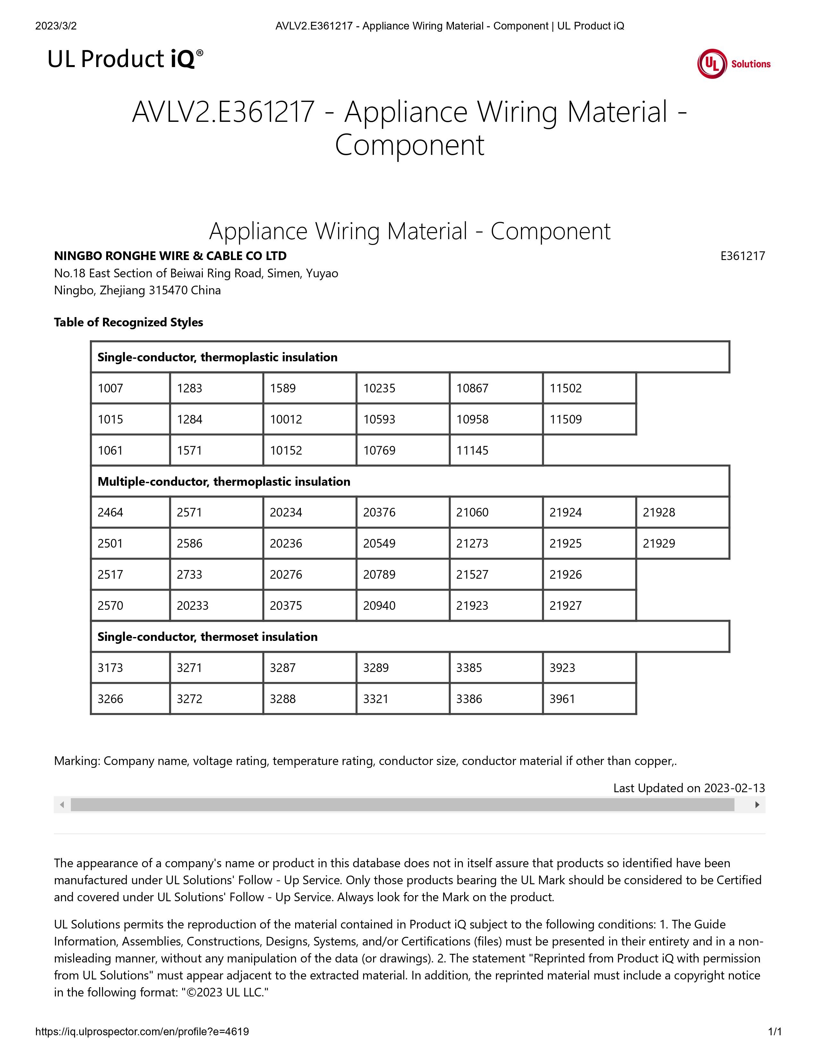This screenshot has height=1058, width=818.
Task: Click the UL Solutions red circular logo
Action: click(712, 63)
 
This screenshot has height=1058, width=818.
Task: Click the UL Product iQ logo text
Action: click(125, 59)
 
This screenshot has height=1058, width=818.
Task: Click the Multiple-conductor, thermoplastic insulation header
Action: click(224, 482)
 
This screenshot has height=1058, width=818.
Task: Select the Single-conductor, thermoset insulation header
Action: click(208, 636)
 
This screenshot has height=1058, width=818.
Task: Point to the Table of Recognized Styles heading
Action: click(128, 322)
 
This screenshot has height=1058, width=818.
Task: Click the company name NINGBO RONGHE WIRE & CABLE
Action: click(170, 256)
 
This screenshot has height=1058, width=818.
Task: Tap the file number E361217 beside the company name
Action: click(742, 256)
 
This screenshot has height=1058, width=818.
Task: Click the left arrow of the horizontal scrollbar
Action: click(62, 805)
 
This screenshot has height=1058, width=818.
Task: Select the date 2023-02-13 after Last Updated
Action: click(734, 788)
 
